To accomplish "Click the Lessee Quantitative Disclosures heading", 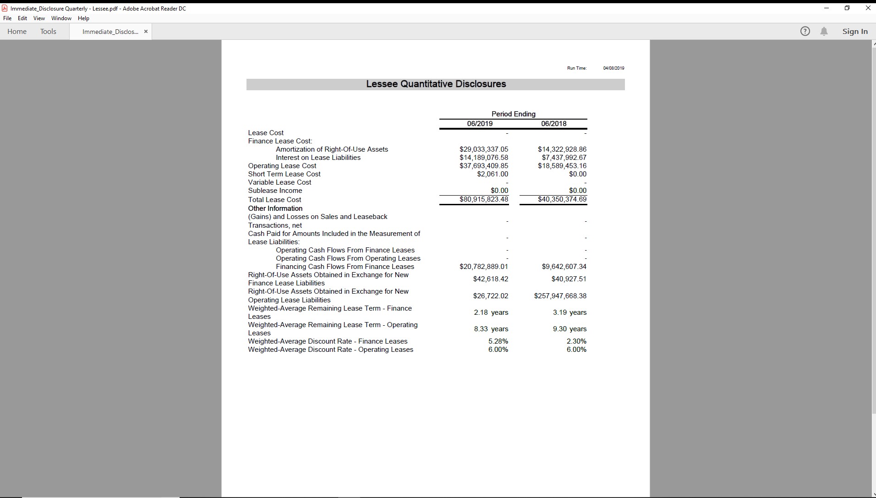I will (x=436, y=84).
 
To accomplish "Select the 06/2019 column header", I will (x=480, y=124).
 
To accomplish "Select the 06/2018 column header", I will (x=553, y=124).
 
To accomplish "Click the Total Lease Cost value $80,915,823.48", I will (x=483, y=199).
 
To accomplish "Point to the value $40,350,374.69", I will (x=562, y=199).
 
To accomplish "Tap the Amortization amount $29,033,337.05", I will (x=483, y=149).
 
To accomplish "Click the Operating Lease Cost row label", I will (x=282, y=166).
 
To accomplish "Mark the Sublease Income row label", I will (x=275, y=191).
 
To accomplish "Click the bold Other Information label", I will (x=275, y=208).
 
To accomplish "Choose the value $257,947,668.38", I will (x=560, y=296).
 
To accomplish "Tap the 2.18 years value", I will (x=491, y=312).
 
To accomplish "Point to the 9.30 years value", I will (x=569, y=329).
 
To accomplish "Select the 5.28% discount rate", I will (x=498, y=341).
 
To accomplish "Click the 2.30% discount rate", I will (x=576, y=341).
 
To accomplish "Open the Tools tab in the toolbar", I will (x=48, y=31).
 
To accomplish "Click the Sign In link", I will (x=854, y=31).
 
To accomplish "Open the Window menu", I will (x=61, y=18).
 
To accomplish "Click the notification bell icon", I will (x=824, y=31).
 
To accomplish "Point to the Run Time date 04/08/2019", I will (x=613, y=68).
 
